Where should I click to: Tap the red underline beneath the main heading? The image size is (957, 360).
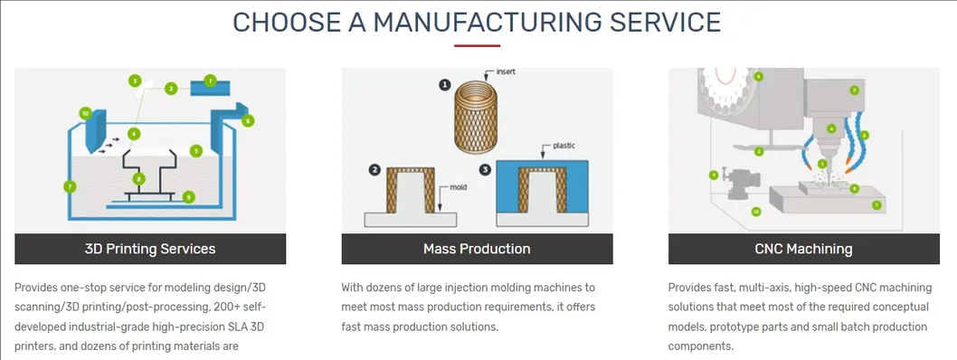[477, 46]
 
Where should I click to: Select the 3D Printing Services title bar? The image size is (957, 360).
[150, 249]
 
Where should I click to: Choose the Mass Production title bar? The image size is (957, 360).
[477, 249]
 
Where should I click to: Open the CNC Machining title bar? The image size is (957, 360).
[803, 249]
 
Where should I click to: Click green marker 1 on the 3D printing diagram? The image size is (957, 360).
[210, 81]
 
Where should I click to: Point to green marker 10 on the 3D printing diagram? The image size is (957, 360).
[85, 114]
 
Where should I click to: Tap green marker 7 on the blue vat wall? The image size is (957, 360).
[70, 186]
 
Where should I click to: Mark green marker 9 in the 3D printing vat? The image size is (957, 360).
[188, 195]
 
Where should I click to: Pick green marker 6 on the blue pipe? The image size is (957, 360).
[248, 120]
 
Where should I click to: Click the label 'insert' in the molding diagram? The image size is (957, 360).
[507, 71]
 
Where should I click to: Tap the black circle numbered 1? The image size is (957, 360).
[444, 85]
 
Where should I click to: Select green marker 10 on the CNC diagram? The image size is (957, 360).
[756, 212]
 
